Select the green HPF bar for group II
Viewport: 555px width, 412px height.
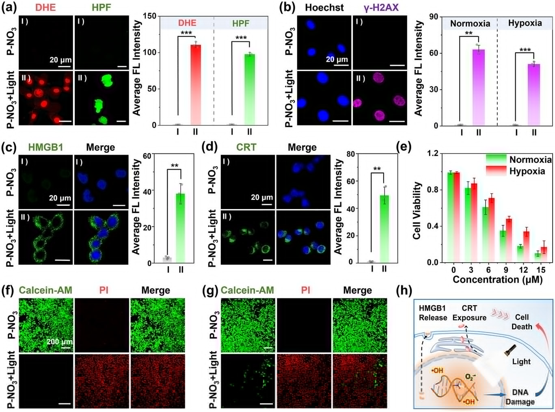pyautogui.click(x=249, y=89)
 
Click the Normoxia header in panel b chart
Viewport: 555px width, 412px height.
pyautogui.click(x=470, y=24)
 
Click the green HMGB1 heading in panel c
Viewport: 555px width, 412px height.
pyautogui.click(x=45, y=147)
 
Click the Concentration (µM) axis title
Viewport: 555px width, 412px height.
pyautogui.click(x=497, y=280)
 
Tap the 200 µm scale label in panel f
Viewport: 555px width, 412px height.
pyautogui.click(x=59, y=341)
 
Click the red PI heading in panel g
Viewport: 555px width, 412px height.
pyautogui.click(x=306, y=290)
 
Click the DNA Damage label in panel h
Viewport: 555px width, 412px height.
pyautogui.click(x=520, y=397)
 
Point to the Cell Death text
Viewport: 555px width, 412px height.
pyautogui.click(x=522, y=322)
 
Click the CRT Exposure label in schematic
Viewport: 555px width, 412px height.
pyautogui.click(x=469, y=313)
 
